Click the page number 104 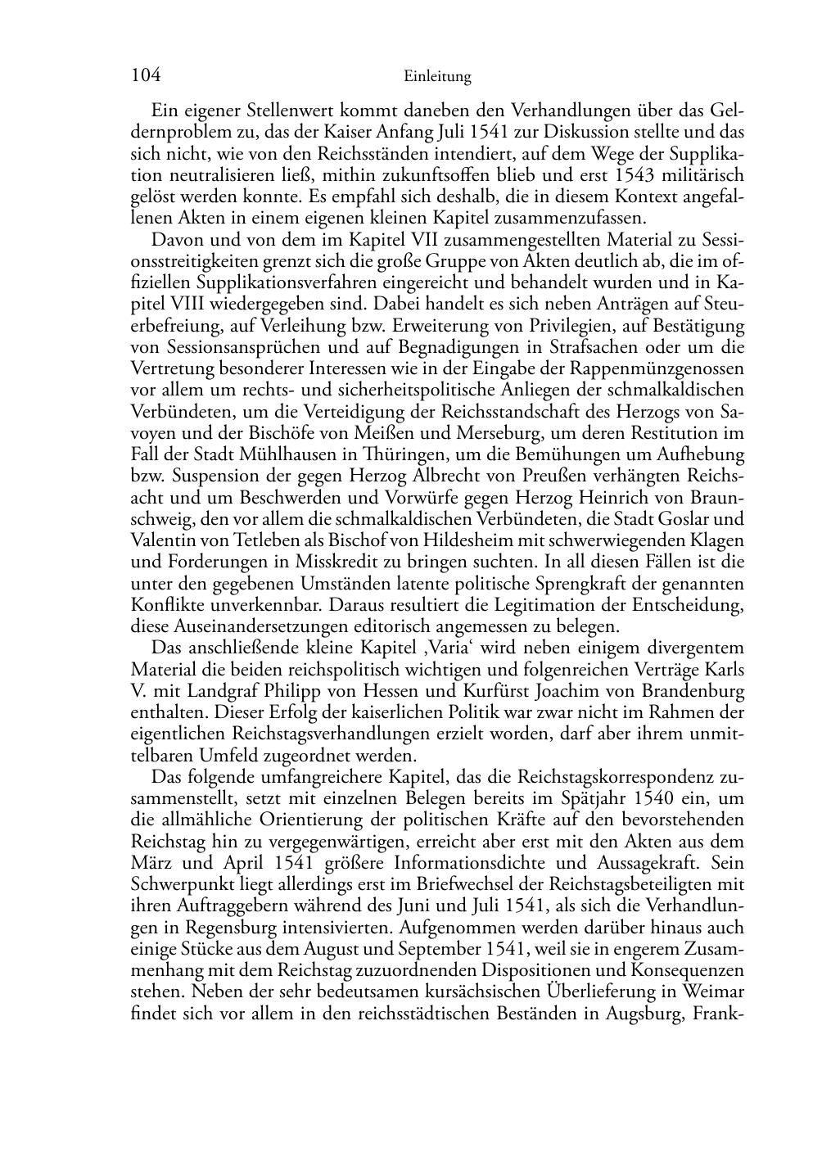[145, 76]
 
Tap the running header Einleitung [438, 78]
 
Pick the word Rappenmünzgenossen [665, 368]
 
